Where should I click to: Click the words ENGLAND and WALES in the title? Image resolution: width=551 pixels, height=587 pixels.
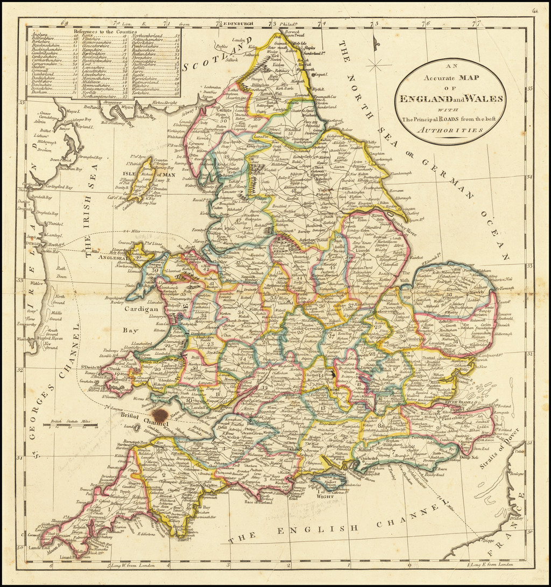450,99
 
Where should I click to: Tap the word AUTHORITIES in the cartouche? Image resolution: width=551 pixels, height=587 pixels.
450,130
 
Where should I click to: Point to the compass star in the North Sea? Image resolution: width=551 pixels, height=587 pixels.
379,66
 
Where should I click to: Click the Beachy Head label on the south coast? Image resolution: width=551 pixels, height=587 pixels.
421,474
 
